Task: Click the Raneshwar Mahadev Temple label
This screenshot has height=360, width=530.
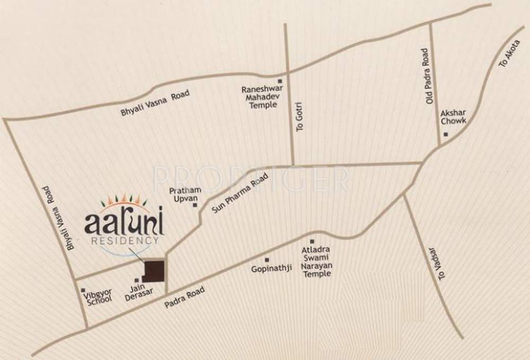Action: pos(260,97)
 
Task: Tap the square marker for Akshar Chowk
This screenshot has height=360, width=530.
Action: pos(446,134)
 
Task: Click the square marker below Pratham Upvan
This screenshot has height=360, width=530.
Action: pos(195,205)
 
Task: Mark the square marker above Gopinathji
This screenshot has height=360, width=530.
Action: pos(267,259)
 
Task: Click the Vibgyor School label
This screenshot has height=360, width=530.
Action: pos(98,295)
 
